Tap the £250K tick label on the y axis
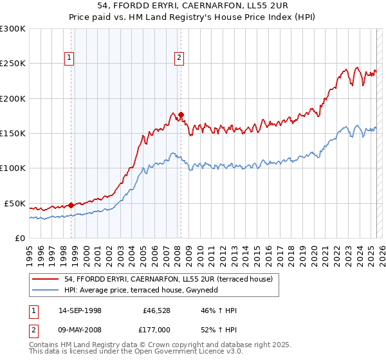[x=13, y=64]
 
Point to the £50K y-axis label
[x=15, y=203]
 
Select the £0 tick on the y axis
[x=20, y=238]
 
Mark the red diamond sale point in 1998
[x=71, y=206]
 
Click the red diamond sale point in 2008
[x=181, y=114]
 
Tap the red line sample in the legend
[x=46, y=279]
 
